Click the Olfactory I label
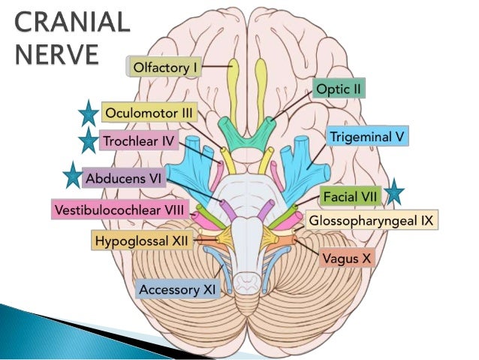pyautogui.click(x=165, y=68)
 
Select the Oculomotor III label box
pyautogui.click(x=149, y=113)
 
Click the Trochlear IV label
pyautogui.click(x=139, y=141)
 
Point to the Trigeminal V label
pyautogui.click(x=368, y=138)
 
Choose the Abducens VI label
pyautogui.click(x=125, y=180)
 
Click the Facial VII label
pyautogui.click(x=351, y=197)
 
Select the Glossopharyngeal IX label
pyautogui.click(x=372, y=221)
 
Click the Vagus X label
pyautogui.click(x=346, y=258)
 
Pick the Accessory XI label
pyautogui.click(x=177, y=288)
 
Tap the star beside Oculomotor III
pyautogui.click(x=88, y=115)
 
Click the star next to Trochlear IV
pyautogui.click(x=88, y=140)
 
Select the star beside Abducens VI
pyautogui.click(x=72, y=176)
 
